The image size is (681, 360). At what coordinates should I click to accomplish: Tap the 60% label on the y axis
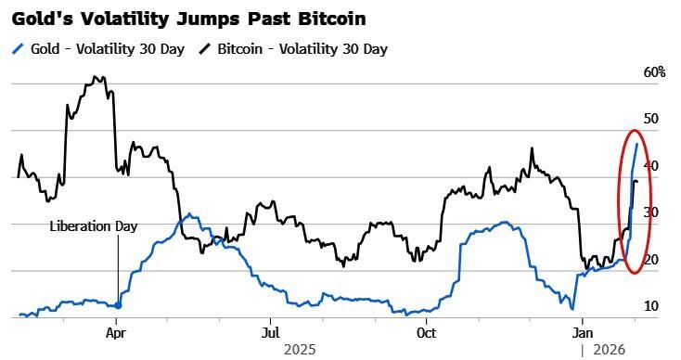pos(654,72)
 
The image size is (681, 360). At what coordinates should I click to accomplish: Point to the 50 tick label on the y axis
pos(650,119)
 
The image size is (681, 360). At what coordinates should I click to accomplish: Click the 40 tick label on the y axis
pos(650,166)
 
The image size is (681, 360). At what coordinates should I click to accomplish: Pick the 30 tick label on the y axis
pos(650,212)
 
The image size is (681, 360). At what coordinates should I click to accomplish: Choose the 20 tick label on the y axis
pos(650,260)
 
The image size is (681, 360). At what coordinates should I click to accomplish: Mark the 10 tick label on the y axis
pos(650,306)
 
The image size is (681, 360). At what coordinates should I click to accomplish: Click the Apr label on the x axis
pos(116,331)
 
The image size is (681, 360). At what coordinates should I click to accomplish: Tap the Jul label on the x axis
pos(271,331)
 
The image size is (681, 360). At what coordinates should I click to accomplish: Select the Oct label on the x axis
pos(426,331)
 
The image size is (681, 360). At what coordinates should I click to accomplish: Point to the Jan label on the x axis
pos(582,331)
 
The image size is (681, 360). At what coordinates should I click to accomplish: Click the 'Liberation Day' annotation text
pos(93,226)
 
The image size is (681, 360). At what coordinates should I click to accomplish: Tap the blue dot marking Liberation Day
pos(117,304)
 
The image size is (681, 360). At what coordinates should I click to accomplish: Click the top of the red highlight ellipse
pos(634,131)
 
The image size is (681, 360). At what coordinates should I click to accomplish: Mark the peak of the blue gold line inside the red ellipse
pos(636,143)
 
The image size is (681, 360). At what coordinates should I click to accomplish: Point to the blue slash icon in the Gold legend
pos(19,48)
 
